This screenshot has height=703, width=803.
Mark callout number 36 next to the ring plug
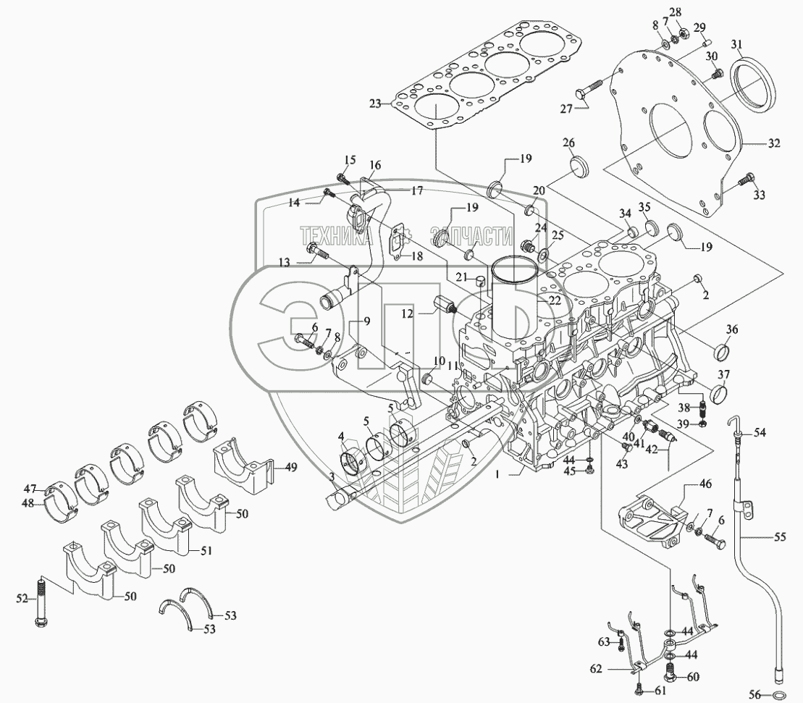(x=732, y=329)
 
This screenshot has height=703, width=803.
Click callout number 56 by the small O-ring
(x=753, y=694)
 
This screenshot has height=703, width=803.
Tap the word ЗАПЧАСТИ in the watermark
(x=466, y=235)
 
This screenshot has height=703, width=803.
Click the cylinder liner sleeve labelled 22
(x=513, y=286)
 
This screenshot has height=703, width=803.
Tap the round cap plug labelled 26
(x=581, y=166)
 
